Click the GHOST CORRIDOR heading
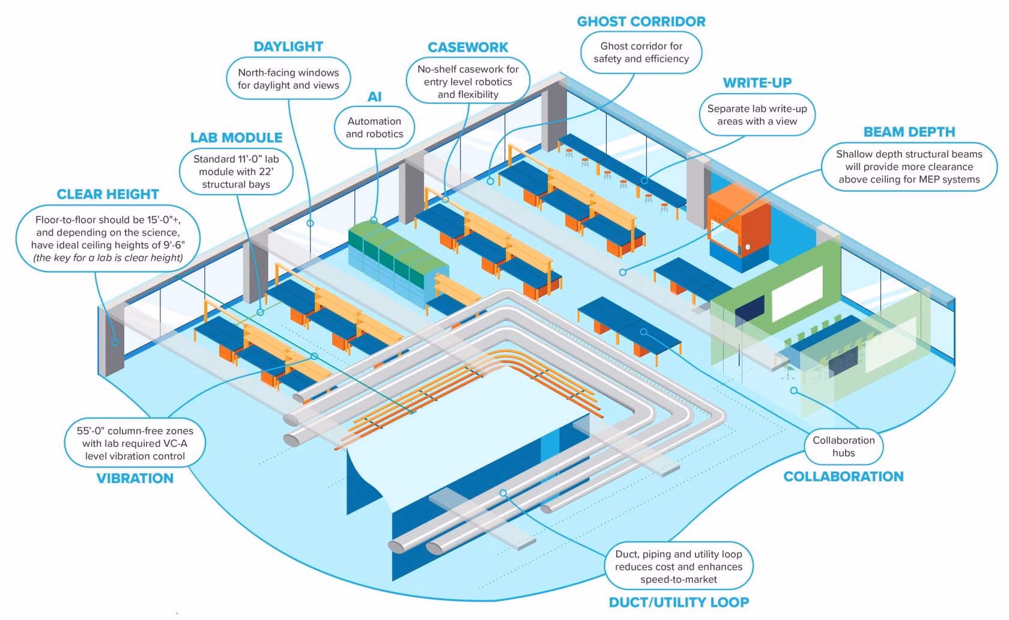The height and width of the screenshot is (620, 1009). [x=641, y=22]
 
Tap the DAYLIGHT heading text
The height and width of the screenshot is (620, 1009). [x=288, y=47]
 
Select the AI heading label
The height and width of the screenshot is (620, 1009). [x=374, y=97]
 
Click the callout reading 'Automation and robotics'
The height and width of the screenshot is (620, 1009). [x=374, y=127]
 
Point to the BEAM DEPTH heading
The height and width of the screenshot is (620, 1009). [x=909, y=132]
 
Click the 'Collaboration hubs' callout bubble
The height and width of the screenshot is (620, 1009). [x=843, y=446]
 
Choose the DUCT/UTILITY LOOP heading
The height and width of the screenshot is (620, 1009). [x=679, y=602]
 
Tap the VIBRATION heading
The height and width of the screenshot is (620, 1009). [x=135, y=478]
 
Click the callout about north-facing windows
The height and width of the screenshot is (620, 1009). [x=288, y=79]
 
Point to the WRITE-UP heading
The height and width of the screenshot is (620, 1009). [x=757, y=83]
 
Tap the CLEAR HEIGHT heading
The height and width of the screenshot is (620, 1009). [x=108, y=194]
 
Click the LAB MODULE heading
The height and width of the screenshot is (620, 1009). [x=236, y=138]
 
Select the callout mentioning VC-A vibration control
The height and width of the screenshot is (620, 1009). [x=135, y=443]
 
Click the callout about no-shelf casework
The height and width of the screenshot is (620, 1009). [x=468, y=82]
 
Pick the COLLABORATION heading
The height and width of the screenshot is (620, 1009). [x=843, y=476]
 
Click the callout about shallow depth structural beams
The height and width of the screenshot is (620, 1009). [x=909, y=166]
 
